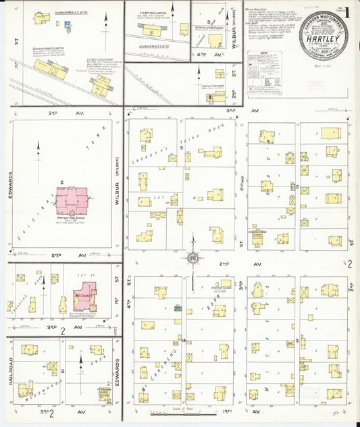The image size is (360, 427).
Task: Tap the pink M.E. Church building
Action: click(84, 299)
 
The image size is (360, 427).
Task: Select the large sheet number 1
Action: click(347, 11)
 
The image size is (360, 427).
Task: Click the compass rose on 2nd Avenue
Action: click(192, 257)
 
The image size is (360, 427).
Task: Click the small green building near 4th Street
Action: click(178, 308)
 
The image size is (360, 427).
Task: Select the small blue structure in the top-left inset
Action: click(68, 25)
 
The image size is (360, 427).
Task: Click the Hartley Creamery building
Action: click(216, 95)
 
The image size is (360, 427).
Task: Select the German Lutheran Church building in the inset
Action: click(215, 40)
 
